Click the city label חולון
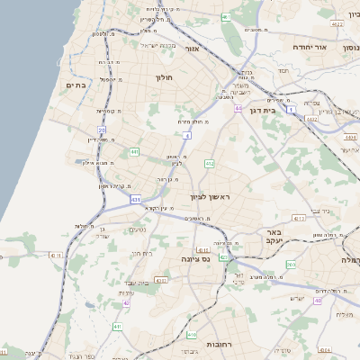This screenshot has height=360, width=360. point(164,77)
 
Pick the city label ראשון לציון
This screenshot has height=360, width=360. point(210,196)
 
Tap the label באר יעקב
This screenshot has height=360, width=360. point(274,238)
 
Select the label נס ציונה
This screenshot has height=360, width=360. point(193,260)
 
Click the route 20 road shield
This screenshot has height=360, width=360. point(101,130)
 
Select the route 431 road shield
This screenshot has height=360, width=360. point(135,199)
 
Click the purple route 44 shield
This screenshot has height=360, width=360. point(238,107)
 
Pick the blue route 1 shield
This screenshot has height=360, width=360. point(291,110)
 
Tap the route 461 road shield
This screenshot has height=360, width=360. point(226,17)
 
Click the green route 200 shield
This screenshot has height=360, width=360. point(290,264)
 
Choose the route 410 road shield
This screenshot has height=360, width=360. point(202,250)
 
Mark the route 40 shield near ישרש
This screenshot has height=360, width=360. point(317,301)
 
